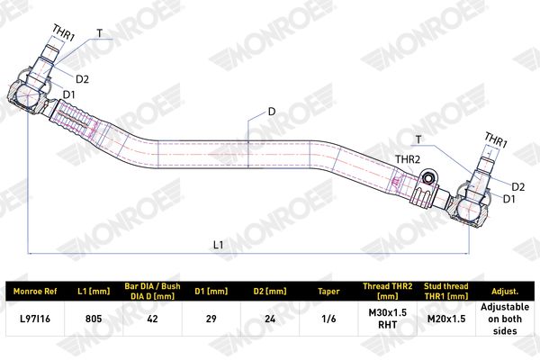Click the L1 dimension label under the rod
[219, 245]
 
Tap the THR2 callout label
[408, 159]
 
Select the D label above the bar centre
[272, 112]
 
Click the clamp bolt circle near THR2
[428, 178]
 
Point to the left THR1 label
[63, 33]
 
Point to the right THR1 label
[496, 139]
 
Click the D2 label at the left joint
[82, 79]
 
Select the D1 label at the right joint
[509, 199]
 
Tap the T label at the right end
[418, 139]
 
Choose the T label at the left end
[100, 33]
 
